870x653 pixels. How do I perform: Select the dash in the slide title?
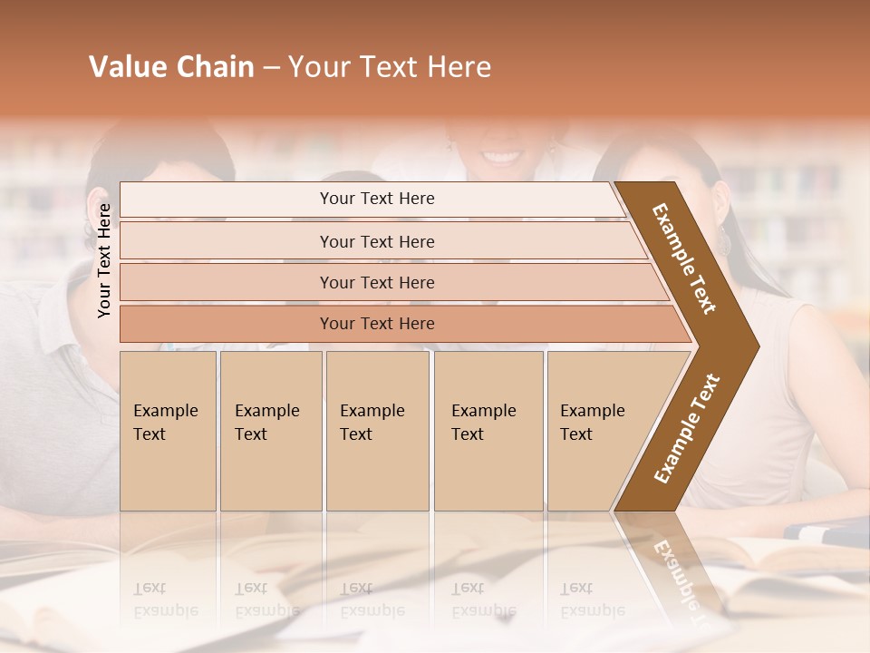(x=271, y=68)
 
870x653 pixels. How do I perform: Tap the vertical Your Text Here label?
(x=104, y=260)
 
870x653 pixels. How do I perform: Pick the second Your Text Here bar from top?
(x=377, y=241)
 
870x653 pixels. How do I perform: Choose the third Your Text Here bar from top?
(x=377, y=282)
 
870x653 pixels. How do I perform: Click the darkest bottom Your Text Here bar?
(x=377, y=324)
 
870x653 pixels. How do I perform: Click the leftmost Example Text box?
(x=168, y=431)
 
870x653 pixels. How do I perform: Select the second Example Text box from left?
(x=270, y=431)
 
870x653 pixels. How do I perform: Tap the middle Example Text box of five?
(x=377, y=431)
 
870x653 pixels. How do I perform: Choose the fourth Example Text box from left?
(x=488, y=431)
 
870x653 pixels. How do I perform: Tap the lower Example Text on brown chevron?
(x=686, y=429)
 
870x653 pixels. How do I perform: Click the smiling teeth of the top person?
(x=500, y=156)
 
